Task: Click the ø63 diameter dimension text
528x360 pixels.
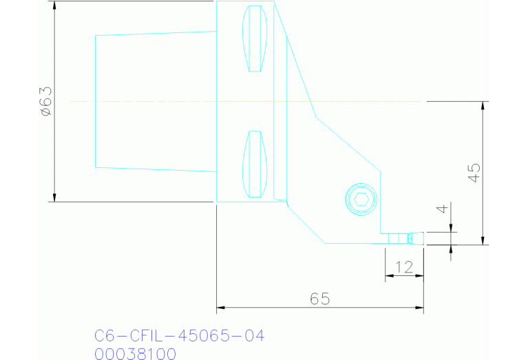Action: click(45, 101)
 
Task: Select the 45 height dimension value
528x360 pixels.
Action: click(474, 172)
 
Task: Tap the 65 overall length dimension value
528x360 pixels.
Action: click(319, 299)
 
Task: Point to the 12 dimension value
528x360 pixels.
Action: click(404, 267)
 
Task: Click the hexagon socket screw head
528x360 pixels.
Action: click(361, 200)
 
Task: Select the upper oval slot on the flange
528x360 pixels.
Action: click(255, 39)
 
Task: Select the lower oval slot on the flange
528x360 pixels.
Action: click(255, 164)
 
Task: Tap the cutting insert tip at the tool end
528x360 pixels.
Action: click(415, 238)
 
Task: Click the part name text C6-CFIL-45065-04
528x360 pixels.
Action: click(179, 336)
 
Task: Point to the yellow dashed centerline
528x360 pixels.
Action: click(172, 101)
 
